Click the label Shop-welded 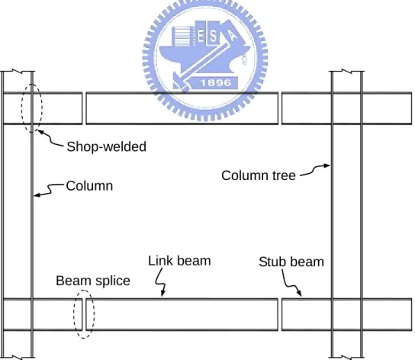(106, 146)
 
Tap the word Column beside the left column (89, 186)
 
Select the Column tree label (259, 175)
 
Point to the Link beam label (179, 261)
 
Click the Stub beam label (291, 262)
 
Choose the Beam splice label (93, 281)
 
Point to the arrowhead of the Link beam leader (162, 293)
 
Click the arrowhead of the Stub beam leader (299, 294)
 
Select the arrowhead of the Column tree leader (327, 166)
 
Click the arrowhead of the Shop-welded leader (39, 131)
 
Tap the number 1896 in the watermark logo (216, 83)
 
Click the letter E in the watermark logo (201, 37)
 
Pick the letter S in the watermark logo (214, 37)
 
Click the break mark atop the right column (346, 71)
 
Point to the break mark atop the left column (18, 71)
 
